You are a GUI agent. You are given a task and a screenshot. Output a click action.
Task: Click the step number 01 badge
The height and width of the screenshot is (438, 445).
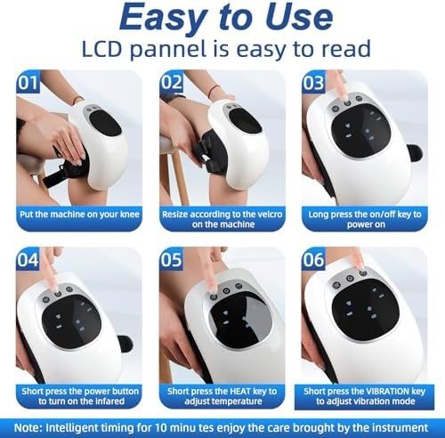28,82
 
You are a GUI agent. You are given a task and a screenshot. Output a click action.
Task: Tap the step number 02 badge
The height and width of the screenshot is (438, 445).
171,82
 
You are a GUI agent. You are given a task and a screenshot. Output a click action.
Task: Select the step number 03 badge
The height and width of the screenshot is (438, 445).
313,82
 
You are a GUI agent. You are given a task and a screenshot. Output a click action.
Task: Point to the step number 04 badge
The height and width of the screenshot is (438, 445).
28,259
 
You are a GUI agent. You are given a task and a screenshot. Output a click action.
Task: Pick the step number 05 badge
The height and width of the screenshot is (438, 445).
171,259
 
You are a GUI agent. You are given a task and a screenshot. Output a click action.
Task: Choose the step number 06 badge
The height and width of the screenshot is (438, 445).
313,259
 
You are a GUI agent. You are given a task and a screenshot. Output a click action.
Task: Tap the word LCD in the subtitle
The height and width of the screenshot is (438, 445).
101,49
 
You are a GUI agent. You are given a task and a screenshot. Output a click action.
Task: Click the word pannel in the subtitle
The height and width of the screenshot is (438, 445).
167,50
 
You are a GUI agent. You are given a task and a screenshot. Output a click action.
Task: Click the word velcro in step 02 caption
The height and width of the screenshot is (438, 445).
267,215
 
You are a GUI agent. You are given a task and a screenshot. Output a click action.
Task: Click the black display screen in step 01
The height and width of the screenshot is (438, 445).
106,123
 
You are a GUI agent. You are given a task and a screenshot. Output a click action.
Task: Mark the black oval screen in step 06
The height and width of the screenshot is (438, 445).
366,309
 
